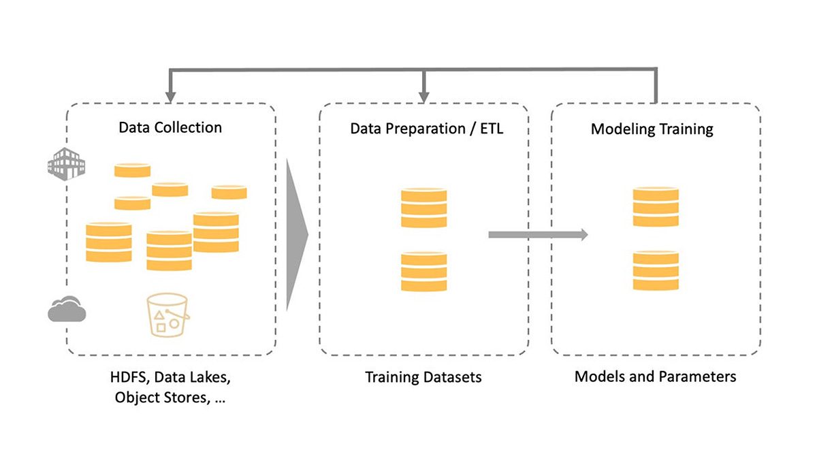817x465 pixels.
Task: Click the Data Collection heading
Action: [170, 127]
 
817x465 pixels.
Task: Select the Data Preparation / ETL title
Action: [427, 129]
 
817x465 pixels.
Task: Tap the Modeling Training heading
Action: [652, 129]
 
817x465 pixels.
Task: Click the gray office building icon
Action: [67, 164]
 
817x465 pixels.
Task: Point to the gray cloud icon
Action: [67, 309]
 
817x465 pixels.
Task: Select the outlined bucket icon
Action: [167, 315]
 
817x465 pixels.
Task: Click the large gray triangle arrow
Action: [298, 234]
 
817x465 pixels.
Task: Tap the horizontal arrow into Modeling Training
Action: [538, 234]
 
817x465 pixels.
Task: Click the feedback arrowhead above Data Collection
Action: [170, 97]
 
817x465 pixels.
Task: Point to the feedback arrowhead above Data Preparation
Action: [423, 97]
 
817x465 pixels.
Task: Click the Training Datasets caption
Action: [423, 377]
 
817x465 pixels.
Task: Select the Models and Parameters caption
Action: [656, 376]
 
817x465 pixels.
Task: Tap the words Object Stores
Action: [162, 398]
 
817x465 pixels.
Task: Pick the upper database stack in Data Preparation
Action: [423, 208]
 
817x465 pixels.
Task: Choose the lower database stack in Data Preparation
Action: [423, 272]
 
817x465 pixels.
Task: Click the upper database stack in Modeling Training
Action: [656, 207]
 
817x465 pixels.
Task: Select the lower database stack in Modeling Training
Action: [656, 270]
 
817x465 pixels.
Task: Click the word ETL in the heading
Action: [492, 129]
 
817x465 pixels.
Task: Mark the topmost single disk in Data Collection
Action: [132, 170]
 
